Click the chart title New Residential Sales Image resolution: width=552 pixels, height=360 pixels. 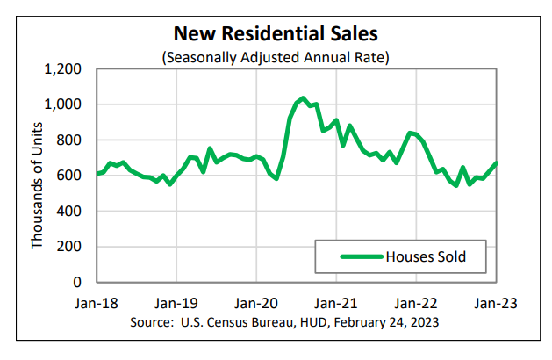(x=276, y=34)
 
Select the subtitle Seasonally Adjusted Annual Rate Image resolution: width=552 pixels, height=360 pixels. (x=276, y=57)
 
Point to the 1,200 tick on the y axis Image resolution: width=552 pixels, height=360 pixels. (x=62, y=68)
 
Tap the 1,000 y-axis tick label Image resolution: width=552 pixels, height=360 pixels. (x=62, y=104)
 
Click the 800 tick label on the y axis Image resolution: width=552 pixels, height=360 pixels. (x=68, y=140)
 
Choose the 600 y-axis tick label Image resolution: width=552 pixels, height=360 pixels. (x=68, y=176)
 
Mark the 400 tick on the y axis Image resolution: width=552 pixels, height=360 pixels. (x=68, y=211)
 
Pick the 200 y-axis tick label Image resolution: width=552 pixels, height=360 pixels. (x=68, y=247)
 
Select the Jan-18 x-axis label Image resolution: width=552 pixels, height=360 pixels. (x=97, y=304)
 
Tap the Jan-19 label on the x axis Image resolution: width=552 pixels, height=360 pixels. (x=176, y=304)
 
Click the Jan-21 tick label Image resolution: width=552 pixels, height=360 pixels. (x=337, y=304)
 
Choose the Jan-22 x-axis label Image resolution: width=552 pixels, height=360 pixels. (x=417, y=304)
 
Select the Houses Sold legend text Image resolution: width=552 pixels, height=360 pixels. (x=425, y=257)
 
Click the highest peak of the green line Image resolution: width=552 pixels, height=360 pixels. (x=302, y=98)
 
